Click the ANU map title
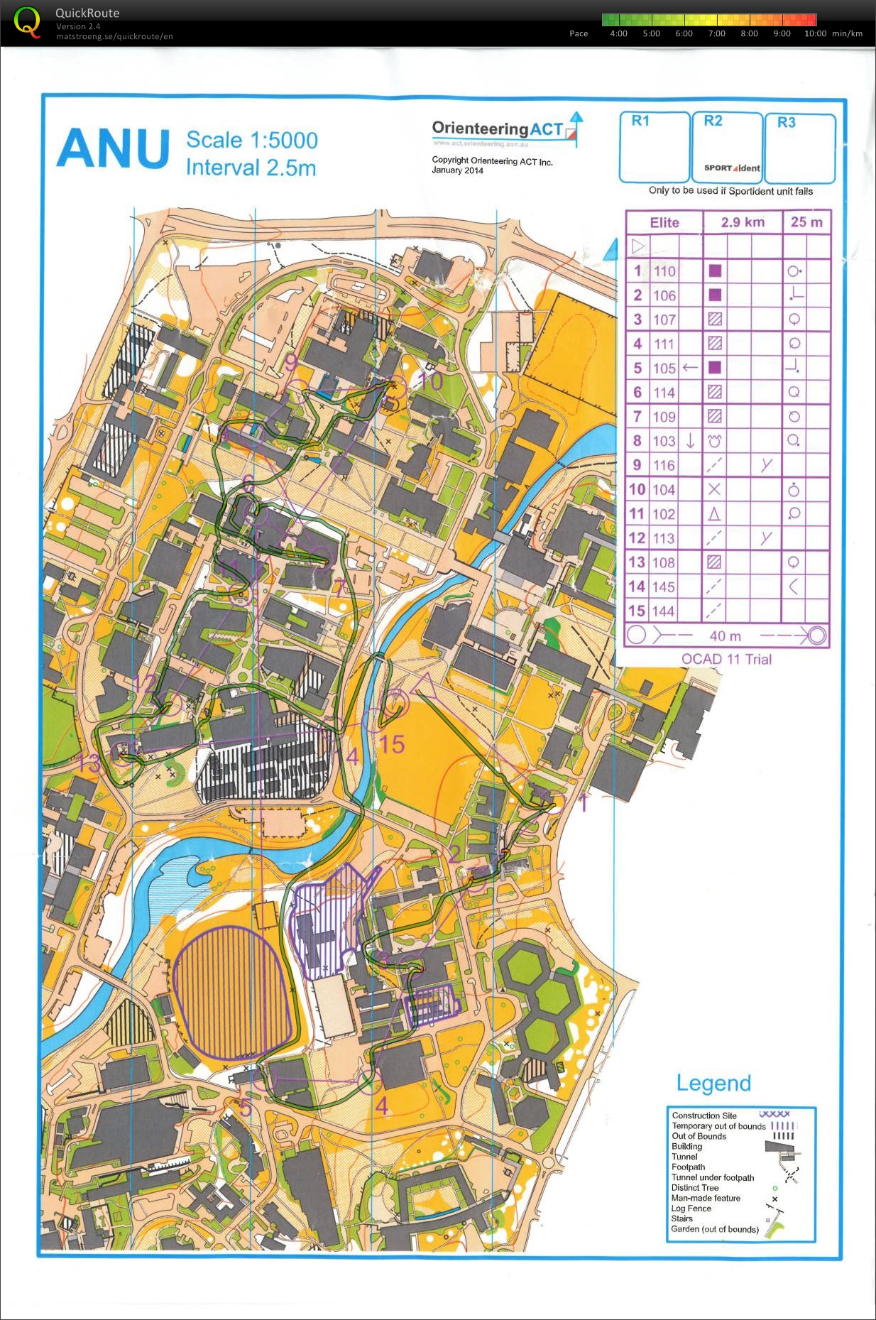114,149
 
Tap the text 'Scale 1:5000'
251,140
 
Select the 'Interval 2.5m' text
251,168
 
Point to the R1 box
654,147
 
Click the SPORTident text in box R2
732,168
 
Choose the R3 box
799,148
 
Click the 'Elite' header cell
664,223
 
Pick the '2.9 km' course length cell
743,222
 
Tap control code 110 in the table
664,271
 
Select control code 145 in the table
664,587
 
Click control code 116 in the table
664,466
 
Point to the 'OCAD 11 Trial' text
726,659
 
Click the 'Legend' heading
713,1083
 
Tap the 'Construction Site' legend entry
704,1116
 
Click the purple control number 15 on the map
392,744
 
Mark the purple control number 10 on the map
430,381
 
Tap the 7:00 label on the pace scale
716,33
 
